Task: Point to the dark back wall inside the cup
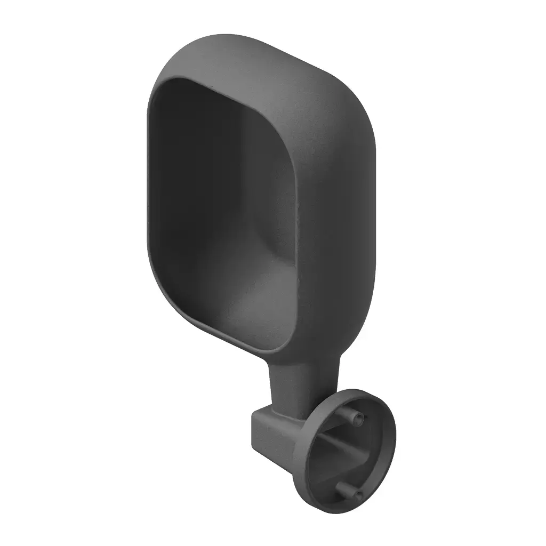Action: pyautogui.click(x=203, y=187)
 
